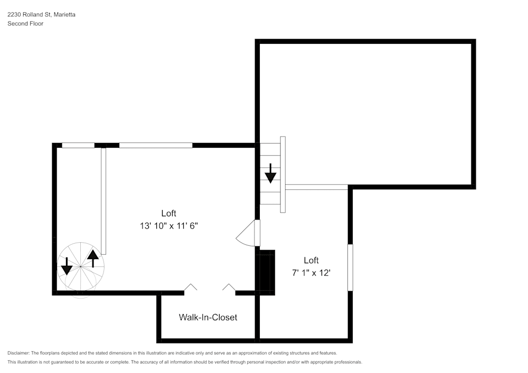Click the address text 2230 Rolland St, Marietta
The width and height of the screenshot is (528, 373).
[x=41, y=15]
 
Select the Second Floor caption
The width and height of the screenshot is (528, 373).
[x=25, y=24]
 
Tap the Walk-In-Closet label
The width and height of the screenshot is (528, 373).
[x=208, y=317]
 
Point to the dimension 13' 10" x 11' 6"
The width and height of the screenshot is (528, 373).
[x=168, y=225]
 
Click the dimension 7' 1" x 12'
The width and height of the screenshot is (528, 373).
[x=311, y=273]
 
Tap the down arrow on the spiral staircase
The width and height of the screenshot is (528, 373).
[x=67, y=266]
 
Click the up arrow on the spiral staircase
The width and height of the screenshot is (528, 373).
[x=93, y=258]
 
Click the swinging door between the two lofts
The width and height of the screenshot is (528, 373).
[x=247, y=233]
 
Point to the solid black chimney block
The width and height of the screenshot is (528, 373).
[x=266, y=271]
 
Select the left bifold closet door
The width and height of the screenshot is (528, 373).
[x=190, y=288]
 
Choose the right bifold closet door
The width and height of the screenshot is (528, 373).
[x=229, y=288]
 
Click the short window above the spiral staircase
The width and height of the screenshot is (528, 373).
[x=78, y=145]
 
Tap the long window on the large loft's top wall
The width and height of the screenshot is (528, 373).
[x=156, y=145]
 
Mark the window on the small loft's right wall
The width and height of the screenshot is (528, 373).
[x=350, y=267]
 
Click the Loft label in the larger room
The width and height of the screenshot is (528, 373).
[x=168, y=213]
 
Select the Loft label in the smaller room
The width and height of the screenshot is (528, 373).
[x=311, y=260]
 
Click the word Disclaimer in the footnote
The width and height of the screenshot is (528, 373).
[x=19, y=353]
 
